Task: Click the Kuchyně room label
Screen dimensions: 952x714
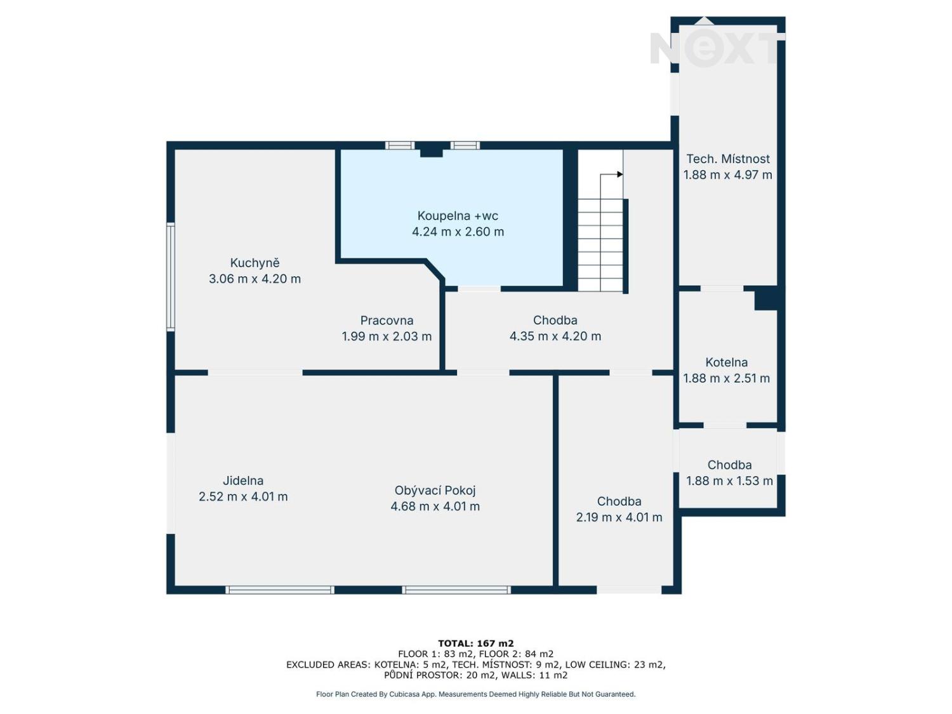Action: click(x=255, y=263)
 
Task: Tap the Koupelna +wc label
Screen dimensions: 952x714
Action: click(x=458, y=215)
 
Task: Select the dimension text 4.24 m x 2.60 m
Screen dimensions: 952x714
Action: click(x=458, y=232)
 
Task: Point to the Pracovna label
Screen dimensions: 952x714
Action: click(x=387, y=321)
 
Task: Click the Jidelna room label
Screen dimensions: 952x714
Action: click(x=243, y=480)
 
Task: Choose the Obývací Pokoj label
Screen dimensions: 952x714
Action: click(x=435, y=491)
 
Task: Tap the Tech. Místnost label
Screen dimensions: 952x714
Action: click(x=728, y=159)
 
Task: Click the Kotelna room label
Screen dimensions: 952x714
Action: click(x=727, y=362)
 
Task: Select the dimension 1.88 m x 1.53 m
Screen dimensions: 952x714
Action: click(x=729, y=481)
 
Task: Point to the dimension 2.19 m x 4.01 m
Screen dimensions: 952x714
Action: click(x=619, y=517)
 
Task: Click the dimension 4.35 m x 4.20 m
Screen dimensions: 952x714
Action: click(x=555, y=336)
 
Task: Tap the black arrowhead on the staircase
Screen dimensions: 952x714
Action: click(x=620, y=175)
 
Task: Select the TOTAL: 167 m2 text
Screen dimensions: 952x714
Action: click(x=476, y=644)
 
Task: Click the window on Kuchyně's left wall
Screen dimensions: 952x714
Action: click(x=171, y=277)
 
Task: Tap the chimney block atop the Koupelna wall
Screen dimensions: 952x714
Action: click(x=431, y=149)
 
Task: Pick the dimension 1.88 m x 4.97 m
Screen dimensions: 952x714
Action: click(x=728, y=175)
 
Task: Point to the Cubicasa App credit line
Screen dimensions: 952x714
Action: click(x=476, y=694)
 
